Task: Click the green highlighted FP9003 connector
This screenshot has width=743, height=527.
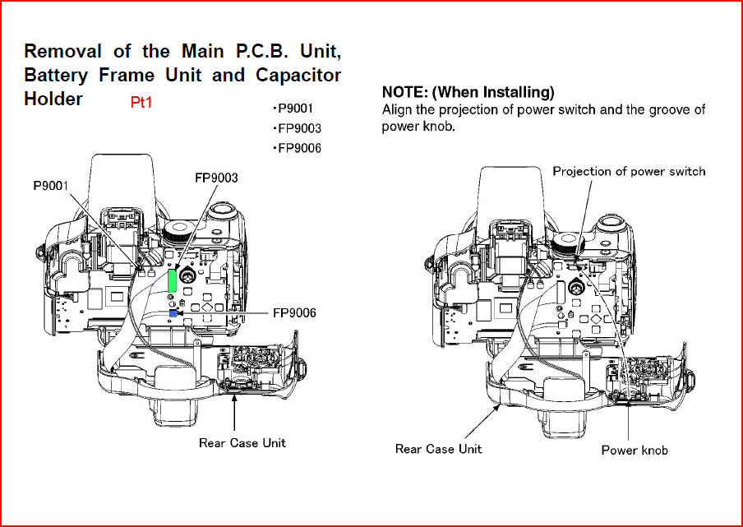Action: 173,280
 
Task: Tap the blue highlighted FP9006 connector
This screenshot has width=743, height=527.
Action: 173,313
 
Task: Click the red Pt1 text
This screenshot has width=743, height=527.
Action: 141,103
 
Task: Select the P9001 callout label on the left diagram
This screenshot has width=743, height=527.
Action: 51,186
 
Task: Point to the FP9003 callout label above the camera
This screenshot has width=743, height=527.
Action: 216,178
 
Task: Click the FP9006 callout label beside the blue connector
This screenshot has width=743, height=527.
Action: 294,312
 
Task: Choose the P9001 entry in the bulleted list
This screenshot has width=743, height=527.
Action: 293,109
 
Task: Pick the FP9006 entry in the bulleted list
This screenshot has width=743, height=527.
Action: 297,148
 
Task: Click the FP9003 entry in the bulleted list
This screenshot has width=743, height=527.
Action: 297,128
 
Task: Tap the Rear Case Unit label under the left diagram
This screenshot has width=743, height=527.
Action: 242,443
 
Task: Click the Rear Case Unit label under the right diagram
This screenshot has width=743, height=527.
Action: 438,449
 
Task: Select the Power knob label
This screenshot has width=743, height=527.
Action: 635,450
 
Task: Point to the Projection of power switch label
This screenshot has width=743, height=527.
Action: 629,171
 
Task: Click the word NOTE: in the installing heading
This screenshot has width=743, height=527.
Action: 405,91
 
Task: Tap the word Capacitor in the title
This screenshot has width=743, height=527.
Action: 298,76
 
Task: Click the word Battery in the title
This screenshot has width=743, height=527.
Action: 56,76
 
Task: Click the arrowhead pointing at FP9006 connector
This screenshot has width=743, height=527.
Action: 181,313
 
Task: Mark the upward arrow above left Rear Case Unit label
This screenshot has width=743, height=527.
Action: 233,413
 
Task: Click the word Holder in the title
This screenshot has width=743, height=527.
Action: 53,99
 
